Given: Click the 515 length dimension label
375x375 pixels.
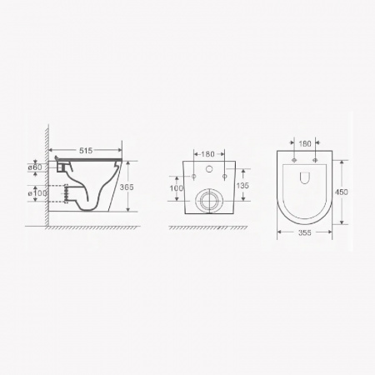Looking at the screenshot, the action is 86,151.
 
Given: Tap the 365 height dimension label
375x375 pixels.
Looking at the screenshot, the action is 127,187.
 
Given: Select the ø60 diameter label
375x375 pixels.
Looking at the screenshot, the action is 35,167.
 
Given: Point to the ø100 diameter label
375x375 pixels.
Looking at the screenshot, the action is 37,193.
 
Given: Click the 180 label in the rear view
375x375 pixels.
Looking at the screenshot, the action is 207,154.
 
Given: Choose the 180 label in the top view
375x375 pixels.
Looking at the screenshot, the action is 305,143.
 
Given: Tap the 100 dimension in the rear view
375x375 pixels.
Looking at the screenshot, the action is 177,188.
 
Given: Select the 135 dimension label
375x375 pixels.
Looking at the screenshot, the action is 242,186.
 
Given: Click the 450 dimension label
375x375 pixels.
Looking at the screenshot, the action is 342,192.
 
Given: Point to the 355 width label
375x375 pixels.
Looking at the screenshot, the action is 305,232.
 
